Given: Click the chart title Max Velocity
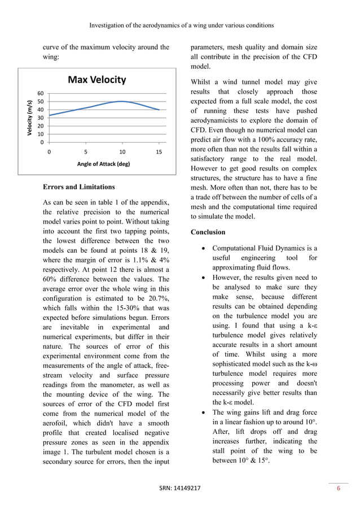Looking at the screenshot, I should (x=96, y=80).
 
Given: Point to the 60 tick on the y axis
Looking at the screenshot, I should (x=41, y=93).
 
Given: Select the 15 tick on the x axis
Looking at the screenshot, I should (x=159, y=152).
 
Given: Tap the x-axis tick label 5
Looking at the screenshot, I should (x=85, y=152).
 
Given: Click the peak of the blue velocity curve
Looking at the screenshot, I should (x=122, y=102).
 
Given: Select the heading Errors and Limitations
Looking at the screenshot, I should (x=78, y=187).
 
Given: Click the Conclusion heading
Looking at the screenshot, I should (x=208, y=232).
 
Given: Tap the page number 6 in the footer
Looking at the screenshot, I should (x=339, y=489).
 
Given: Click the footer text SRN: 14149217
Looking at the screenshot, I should (x=180, y=489).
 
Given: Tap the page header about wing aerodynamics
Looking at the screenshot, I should (x=180, y=25).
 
